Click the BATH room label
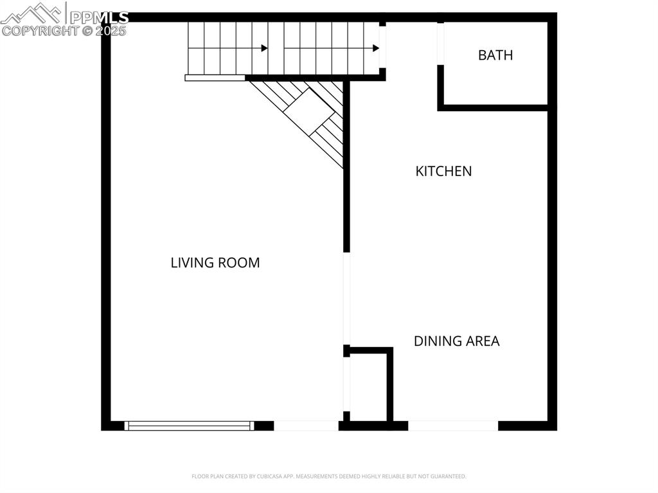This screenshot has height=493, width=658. pos(495,55)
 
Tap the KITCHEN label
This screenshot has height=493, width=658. pos(443,171)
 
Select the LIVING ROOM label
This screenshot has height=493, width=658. pos(215,263)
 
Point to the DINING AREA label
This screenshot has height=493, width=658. pos(456,341)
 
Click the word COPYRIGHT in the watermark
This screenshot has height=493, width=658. pos(40,30)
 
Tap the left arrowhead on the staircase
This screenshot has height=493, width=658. pos(264,48)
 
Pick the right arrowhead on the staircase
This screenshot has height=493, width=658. pos(375,48)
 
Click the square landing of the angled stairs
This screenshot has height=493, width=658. pos(309,111)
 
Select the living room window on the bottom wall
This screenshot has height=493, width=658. pos(189,426)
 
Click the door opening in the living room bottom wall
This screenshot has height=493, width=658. pos(306,426)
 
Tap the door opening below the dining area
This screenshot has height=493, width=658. pos(453,426)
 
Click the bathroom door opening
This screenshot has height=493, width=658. pos(441,44)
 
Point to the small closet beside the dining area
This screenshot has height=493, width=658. pos(368,386)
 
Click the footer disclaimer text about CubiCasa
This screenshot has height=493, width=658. pos(329,476)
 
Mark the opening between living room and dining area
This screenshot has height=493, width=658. pos(346,299)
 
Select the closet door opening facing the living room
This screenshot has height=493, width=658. pos(346,384)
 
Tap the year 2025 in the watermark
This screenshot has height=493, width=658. pos(111,30)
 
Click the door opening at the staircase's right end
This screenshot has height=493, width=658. pos(382,47)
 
